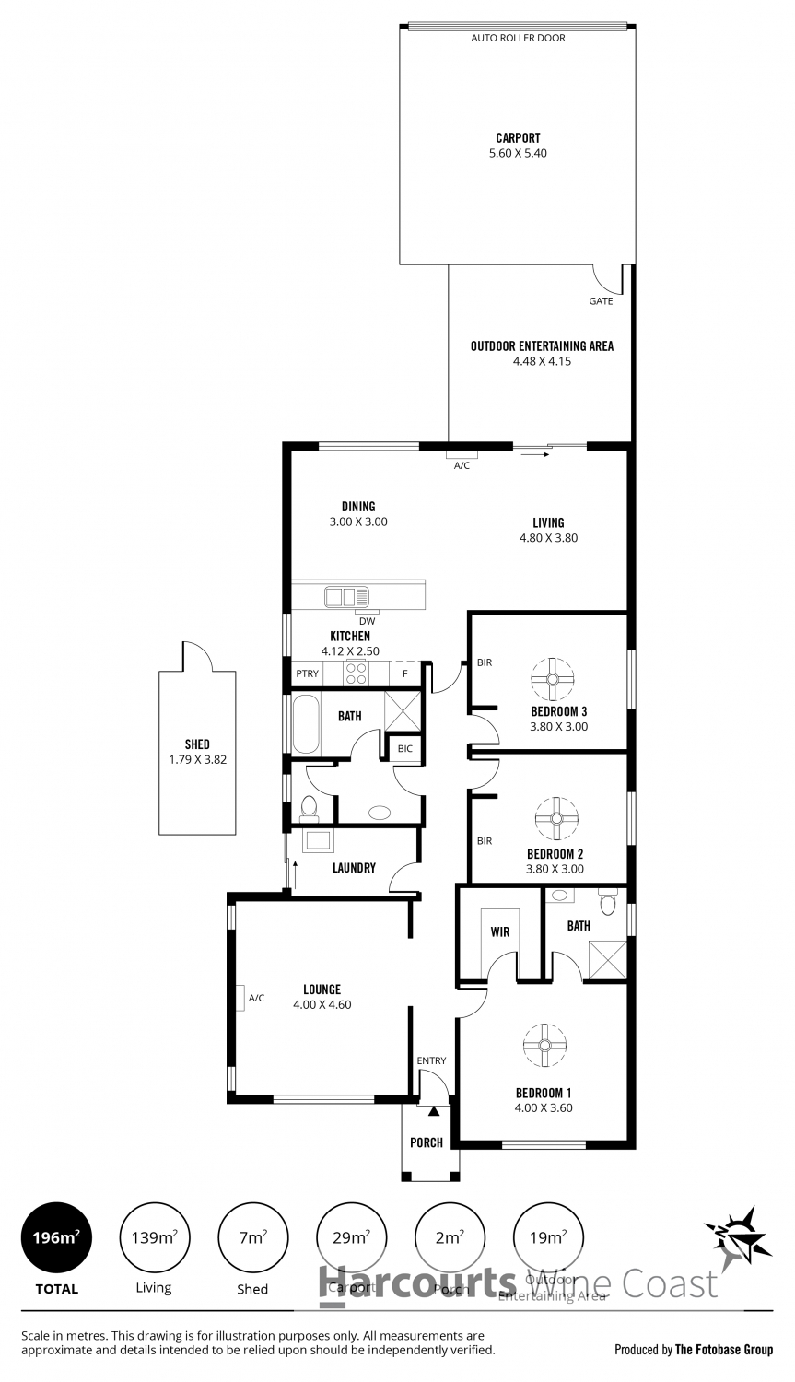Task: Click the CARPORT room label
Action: (x=518, y=138)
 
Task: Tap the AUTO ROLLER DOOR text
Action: (x=518, y=38)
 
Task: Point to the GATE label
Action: (x=601, y=301)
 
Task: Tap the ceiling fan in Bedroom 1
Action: (x=544, y=1045)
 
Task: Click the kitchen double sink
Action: (x=346, y=597)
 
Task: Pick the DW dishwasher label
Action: (x=368, y=620)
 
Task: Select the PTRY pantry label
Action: (x=307, y=673)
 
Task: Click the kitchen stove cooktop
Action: (x=357, y=673)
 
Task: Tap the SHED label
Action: (x=197, y=744)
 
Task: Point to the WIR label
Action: (x=500, y=932)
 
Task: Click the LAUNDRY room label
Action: (x=354, y=867)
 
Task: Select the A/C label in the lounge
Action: (x=256, y=998)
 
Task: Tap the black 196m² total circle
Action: (x=56, y=1238)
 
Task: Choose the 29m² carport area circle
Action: (x=351, y=1238)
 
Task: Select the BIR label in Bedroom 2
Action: (x=485, y=840)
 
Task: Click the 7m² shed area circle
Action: (x=252, y=1238)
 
